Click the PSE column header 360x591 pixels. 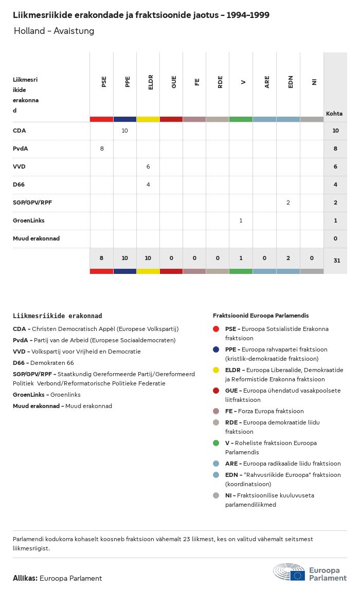coord(104,82)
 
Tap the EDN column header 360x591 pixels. coord(291,82)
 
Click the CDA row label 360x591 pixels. coord(20,131)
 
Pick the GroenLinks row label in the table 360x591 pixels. coord(29,220)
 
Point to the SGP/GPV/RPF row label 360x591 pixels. coord(32,202)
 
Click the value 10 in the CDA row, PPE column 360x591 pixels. coord(125,131)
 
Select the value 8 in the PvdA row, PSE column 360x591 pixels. coord(102,149)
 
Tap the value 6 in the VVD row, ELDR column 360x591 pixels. coord(148,167)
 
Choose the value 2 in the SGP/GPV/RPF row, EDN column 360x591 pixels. coord(288,202)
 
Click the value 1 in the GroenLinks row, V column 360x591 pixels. coord(241,220)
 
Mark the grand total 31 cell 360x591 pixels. coord(336,261)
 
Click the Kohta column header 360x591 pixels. coord(334,114)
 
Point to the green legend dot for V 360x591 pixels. coord(217,443)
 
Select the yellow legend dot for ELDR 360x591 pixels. coord(217,370)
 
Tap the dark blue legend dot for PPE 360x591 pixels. coord(217,349)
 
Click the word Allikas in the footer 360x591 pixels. coord(25,578)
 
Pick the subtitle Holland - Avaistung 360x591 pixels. coord(54,31)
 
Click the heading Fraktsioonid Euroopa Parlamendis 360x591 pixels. coord(261,316)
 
